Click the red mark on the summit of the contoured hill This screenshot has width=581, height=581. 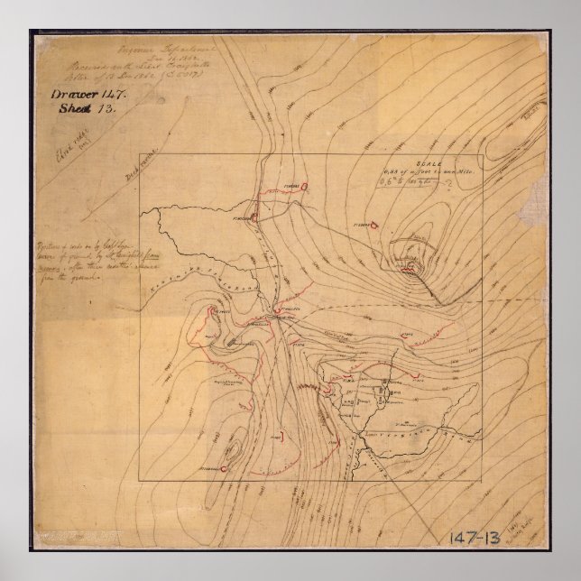pos(410,267)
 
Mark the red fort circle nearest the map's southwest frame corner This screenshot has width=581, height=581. pos(223,469)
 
